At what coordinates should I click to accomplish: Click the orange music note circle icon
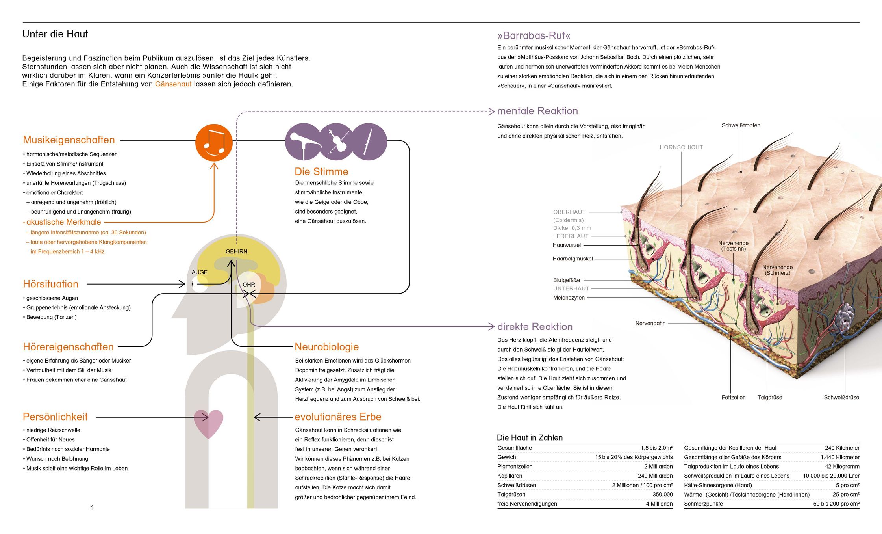[214, 143]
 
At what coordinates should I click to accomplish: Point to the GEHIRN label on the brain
[236, 251]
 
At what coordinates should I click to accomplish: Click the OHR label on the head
[249, 285]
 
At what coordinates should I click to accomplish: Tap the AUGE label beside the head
[200, 272]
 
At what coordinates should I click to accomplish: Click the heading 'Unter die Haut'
[55, 34]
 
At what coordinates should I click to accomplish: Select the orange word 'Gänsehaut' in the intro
[173, 84]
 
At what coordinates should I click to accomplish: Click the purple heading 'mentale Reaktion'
[537, 111]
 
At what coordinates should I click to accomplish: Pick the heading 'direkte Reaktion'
[535, 327]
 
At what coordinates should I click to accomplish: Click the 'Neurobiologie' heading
[327, 347]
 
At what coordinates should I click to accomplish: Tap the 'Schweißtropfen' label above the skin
[741, 125]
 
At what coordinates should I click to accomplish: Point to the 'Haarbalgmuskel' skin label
[573, 259]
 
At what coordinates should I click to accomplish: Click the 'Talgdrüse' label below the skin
[769, 397]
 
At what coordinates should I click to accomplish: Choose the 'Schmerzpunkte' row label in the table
[703, 504]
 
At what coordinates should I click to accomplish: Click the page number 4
[92, 507]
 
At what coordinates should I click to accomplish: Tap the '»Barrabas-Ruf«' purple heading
[534, 36]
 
